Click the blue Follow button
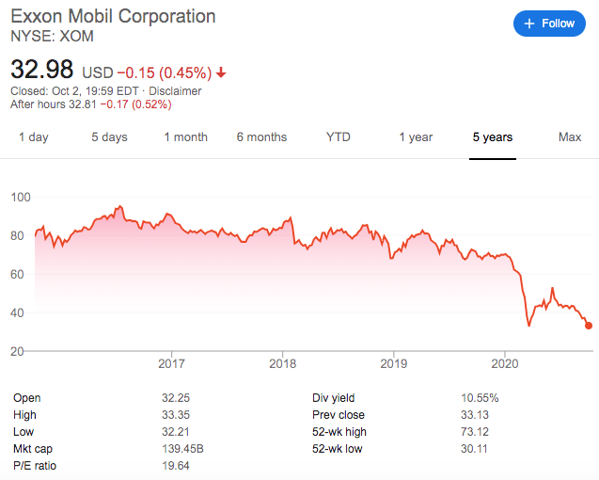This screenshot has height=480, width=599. pos(549,24)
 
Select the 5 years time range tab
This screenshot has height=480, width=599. pos(493,136)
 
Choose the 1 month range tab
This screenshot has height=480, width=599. pos(185,136)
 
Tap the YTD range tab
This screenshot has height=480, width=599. pos(339,136)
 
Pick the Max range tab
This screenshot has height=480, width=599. pos(570,136)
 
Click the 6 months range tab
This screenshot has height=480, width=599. pos(261,136)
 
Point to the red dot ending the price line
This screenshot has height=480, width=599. pos(589,326)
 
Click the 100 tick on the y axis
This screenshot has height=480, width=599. pos(21,197)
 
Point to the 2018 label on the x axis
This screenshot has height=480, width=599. pos(283,363)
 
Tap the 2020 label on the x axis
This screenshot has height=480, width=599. pos(505,363)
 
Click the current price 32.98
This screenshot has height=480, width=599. pos(41,70)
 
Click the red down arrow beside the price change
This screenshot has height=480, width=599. pos(221,72)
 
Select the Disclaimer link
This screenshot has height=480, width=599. pos(175,91)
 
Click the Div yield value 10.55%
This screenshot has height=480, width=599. pos(480,398)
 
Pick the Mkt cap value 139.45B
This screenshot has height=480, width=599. pos(182,448)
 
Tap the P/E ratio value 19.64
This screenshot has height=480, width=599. pos(175,466)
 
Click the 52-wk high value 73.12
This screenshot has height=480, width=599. pos(475,431)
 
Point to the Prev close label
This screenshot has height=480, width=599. pos(339,415)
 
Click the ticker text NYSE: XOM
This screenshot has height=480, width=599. pos(52,36)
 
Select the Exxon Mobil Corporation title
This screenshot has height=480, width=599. pos(113,16)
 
